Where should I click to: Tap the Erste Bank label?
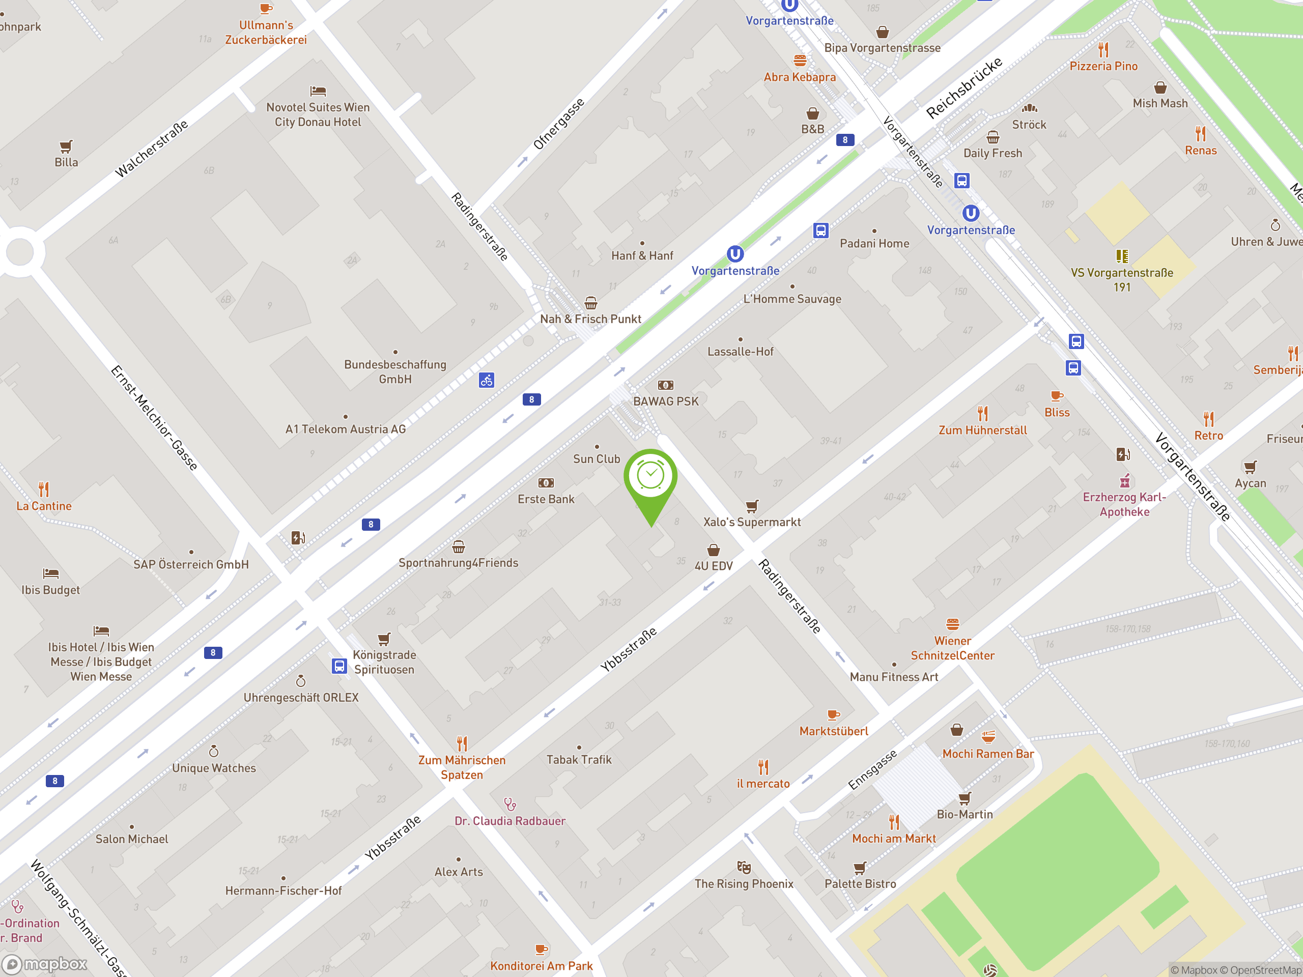[546, 499]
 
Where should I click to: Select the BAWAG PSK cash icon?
[665, 385]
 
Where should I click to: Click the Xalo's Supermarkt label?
[752, 522]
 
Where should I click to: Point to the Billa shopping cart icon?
[66, 146]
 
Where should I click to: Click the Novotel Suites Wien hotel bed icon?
[318, 91]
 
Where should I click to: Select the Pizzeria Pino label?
[1103, 66]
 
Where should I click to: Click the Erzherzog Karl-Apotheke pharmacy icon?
[1124, 481]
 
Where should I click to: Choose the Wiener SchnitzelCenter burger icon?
[952, 624]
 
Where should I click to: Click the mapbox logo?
[45, 964]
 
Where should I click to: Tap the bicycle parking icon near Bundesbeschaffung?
[486, 381]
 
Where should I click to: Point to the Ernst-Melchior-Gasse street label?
[154, 418]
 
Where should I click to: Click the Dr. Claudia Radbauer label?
[509, 821]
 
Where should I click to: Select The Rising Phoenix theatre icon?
[744, 868]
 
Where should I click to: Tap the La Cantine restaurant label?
[44, 506]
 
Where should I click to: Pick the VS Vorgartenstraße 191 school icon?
[1122, 255]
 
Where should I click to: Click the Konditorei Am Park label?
[542, 966]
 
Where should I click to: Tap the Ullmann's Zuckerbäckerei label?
[266, 33]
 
